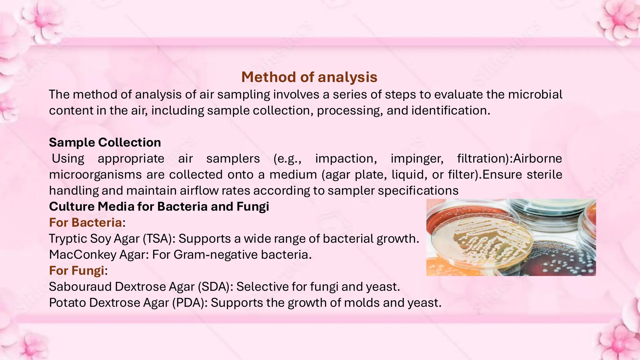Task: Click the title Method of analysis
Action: (309, 77)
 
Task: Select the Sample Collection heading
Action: (105, 142)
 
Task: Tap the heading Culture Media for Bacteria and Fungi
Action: (159, 207)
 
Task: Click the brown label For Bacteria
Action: (85, 222)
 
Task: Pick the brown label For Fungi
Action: (77, 271)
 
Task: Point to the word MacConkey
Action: (83, 255)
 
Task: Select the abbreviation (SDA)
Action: (216, 287)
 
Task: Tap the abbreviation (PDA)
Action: (190, 303)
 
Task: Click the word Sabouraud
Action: (80, 287)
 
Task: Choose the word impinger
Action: (417, 159)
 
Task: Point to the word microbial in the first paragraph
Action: (535, 94)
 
